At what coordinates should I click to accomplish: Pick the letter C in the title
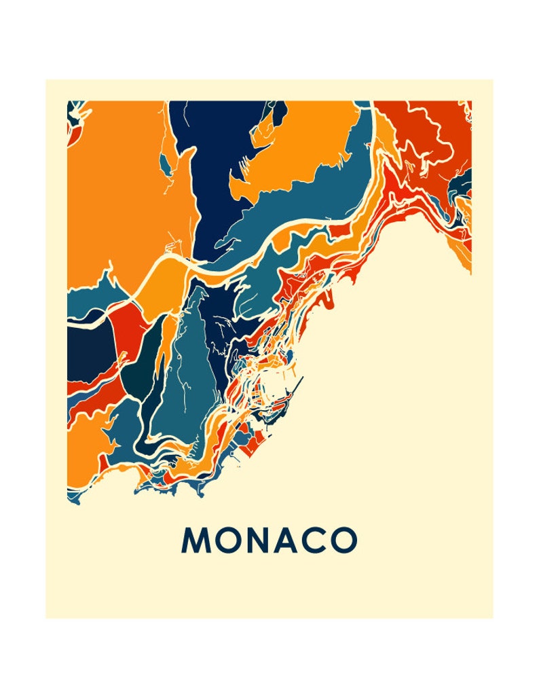(317, 540)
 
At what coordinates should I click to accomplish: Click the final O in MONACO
(344, 540)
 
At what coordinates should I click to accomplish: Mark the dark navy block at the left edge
(88, 346)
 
